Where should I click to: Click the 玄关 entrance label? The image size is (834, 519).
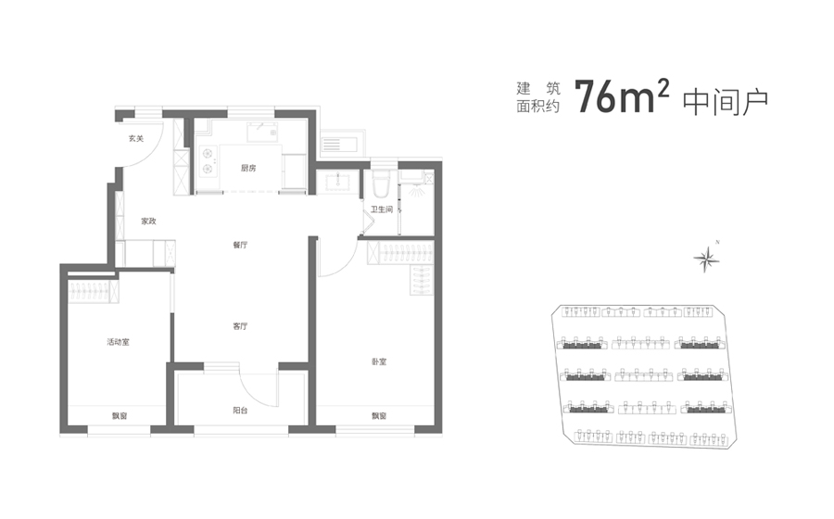(x=136, y=139)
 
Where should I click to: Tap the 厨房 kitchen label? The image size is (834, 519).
(x=248, y=169)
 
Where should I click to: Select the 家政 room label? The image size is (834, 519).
(x=149, y=222)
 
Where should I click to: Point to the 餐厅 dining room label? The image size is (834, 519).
(x=240, y=246)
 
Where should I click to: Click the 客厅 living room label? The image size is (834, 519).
(x=240, y=326)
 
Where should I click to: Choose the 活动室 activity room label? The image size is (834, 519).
(x=118, y=342)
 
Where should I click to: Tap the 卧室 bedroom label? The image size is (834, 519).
(x=379, y=362)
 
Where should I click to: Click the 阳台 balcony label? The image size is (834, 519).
(x=240, y=411)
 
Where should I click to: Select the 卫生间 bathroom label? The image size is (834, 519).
(x=382, y=210)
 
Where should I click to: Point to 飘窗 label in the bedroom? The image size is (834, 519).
(x=379, y=416)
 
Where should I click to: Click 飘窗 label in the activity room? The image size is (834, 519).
(x=120, y=416)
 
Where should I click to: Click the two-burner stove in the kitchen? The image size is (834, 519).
(x=208, y=161)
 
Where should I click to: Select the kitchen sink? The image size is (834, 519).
(x=262, y=132)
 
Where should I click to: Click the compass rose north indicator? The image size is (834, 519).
(x=707, y=259)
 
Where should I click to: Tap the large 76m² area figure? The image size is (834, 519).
(x=621, y=96)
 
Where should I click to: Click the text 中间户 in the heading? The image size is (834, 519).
(x=725, y=103)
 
